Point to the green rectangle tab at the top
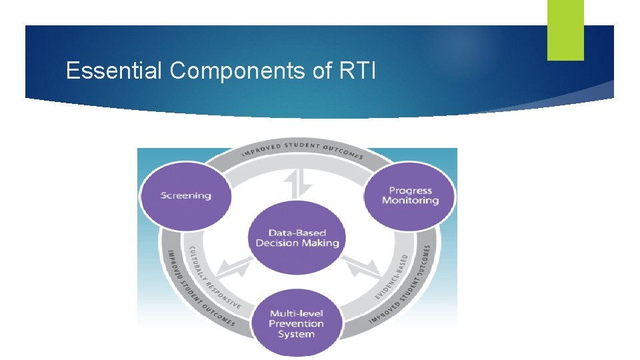[x=565, y=29]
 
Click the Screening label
[x=185, y=196]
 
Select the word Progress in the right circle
[x=411, y=191]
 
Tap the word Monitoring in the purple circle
[x=411, y=201]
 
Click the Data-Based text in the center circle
[x=297, y=233]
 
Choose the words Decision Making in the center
[x=297, y=243]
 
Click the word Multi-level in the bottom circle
[x=297, y=313]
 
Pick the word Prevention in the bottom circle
[x=297, y=324]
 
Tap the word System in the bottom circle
[x=297, y=334]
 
